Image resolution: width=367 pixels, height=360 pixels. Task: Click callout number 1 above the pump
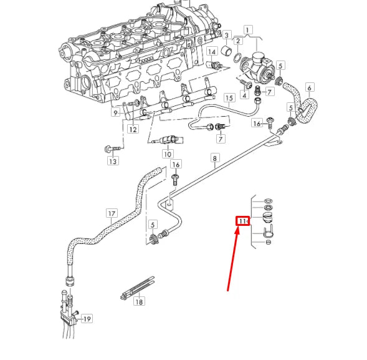tap(248, 30)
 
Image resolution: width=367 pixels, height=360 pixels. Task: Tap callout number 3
tap(227, 34)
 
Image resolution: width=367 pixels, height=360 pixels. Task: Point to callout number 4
tap(244, 95)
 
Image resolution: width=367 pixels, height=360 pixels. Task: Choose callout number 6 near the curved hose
tap(309, 88)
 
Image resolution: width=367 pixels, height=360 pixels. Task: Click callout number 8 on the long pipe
tap(215, 158)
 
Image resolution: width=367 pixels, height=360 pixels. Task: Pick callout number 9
tap(116, 113)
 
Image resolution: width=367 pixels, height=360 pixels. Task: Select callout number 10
tap(168, 154)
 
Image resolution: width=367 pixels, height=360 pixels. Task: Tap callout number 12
tap(133, 129)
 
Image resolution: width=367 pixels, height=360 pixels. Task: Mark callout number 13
tap(112, 162)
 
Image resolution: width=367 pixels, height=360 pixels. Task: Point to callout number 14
tap(212, 51)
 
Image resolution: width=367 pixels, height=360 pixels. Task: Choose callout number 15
tap(229, 98)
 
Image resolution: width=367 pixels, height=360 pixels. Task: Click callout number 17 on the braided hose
tap(112, 213)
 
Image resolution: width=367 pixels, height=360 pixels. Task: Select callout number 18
tap(139, 302)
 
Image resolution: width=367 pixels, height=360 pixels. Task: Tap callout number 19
tap(87, 319)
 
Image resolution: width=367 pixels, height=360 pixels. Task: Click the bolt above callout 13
tap(110, 148)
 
